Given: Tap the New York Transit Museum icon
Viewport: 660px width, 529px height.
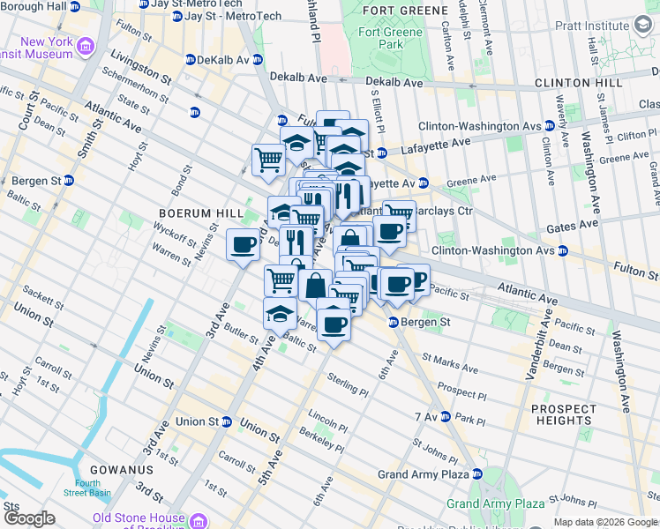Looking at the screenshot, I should (x=86, y=45).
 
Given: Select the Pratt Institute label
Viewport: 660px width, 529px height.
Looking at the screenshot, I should (x=596, y=26).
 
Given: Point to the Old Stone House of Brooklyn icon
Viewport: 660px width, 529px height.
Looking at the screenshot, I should (x=199, y=521).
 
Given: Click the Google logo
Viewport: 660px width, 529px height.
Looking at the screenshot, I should (x=29, y=518).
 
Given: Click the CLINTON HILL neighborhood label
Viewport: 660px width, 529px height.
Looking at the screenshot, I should (x=579, y=83).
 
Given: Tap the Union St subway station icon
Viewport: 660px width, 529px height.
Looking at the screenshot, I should (x=226, y=421).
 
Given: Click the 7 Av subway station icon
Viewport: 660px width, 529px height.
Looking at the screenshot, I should (x=446, y=416).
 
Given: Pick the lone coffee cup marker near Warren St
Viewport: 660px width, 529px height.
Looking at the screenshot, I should (x=244, y=246).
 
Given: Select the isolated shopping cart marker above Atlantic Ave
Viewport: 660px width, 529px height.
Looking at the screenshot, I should (x=268, y=161).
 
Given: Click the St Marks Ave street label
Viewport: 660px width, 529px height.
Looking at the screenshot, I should (x=450, y=363).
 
